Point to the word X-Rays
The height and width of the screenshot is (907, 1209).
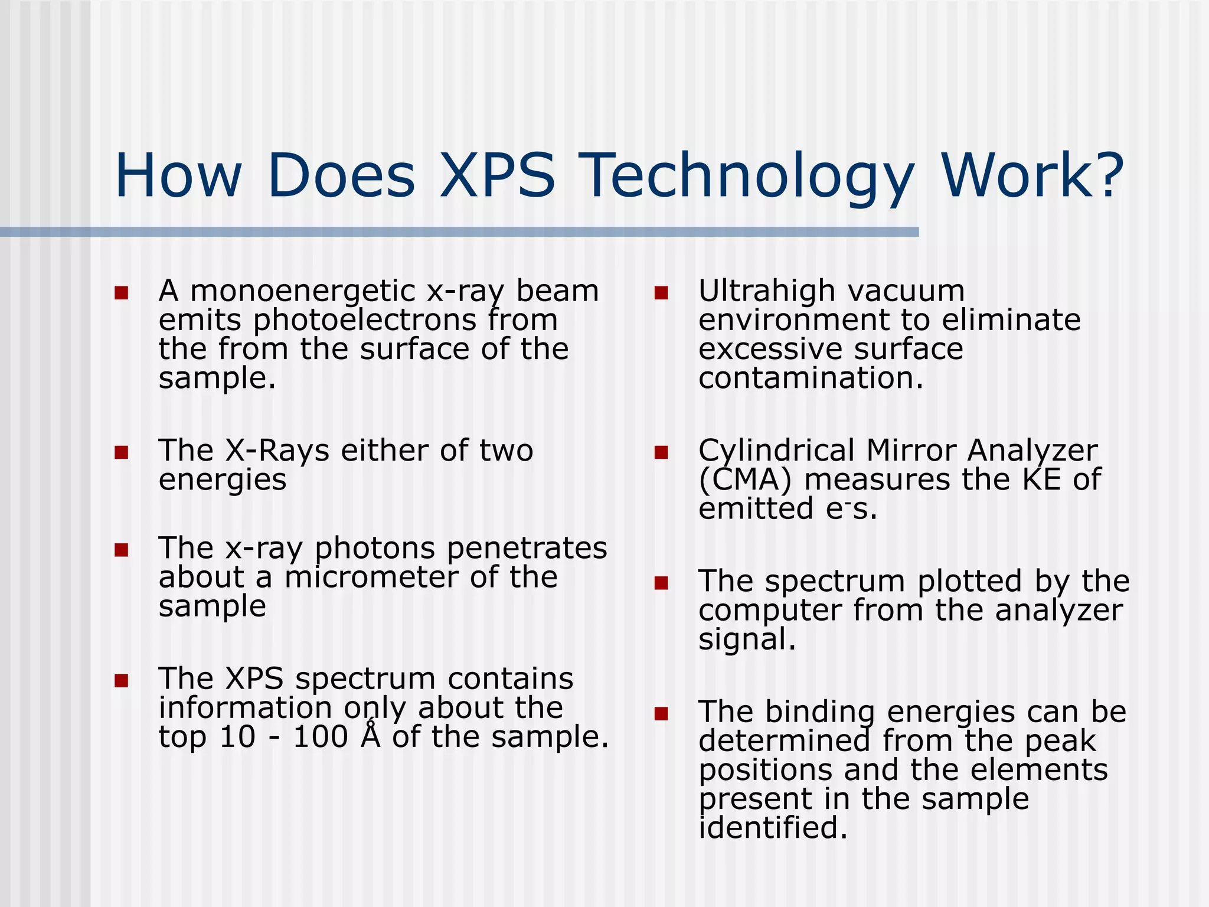(277, 451)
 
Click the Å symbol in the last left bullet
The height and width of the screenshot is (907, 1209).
(370, 736)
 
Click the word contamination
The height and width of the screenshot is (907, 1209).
(810, 379)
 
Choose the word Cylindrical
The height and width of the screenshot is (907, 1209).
(776, 451)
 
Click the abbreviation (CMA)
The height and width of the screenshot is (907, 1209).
(744, 480)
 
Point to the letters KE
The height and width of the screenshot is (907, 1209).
(1041, 479)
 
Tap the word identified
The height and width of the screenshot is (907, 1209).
(772, 828)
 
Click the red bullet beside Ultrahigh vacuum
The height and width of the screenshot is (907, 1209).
(661, 293)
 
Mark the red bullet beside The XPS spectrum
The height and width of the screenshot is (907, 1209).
(122, 681)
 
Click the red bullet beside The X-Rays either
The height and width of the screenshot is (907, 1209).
(122, 453)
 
